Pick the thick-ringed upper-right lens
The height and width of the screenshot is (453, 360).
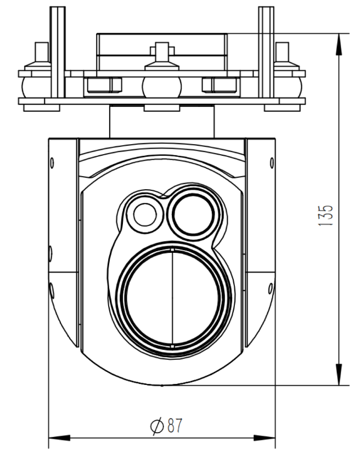pos(192,213)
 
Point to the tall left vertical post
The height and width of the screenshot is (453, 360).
pos(55,55)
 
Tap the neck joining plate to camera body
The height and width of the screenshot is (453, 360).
pos(161,121)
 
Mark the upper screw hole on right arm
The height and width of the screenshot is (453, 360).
pos(271,162)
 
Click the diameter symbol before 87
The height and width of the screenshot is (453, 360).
pos(156,425)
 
